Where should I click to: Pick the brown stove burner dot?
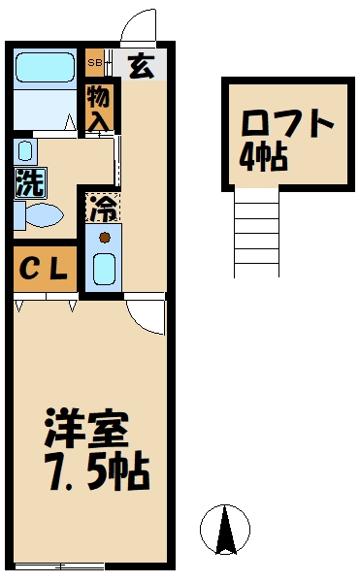[x=104, y=235]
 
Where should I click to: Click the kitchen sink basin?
[x=104, y=267]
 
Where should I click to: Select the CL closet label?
[x=44, y=271]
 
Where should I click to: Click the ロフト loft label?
[x=287, y=126]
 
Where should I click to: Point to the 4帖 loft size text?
[x=264, y=157]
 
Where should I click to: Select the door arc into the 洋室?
[x=146, y=315]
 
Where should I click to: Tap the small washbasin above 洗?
[x=24, y=150]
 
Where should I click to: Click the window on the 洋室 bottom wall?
[x=72, y=566]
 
